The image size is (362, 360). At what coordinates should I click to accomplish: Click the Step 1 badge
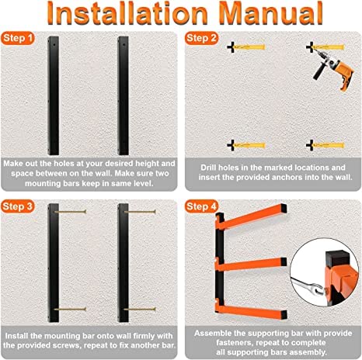(x=18, y=38)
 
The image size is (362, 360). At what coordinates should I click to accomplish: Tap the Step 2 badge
(x=201, y=38)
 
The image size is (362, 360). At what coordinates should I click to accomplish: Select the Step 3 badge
(x=18, y=206)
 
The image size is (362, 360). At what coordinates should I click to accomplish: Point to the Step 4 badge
(x=201, y=206)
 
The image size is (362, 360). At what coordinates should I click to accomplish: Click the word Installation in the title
(x=127, y=13)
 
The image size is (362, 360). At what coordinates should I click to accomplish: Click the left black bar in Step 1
(x=54, y=95)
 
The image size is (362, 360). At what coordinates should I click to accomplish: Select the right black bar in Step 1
(x=124, y=95)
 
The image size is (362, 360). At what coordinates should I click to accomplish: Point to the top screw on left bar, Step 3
(x=70, y=212)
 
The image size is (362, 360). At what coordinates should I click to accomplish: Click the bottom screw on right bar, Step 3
(x=140, y=309)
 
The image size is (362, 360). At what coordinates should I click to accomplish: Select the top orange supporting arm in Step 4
(x=251, y=217)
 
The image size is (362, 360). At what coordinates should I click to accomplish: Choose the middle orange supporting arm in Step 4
(x=251, y=265)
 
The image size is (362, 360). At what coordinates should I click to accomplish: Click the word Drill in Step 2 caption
(x=208, y=168)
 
